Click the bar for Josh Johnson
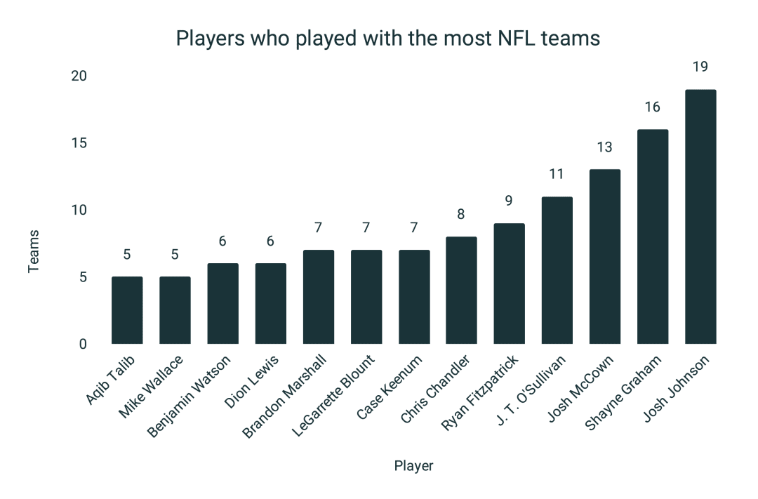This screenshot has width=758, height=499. pos(700,217)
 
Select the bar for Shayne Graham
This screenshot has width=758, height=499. pos(652,237)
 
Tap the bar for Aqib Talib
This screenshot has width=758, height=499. pos(127,310)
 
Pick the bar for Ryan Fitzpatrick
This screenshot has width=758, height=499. pos(509,284)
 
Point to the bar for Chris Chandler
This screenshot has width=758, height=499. pos(461,291)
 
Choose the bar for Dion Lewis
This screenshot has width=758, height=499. pos(270,304)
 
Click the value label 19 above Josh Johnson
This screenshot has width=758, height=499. pos(700,67)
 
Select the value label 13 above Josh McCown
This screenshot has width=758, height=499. pos(604,147)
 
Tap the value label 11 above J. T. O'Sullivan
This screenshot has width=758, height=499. pos(557,175)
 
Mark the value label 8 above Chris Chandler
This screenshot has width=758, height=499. pos(461,215)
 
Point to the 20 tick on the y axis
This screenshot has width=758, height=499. pos(79,76)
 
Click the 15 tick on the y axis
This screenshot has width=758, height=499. pos(79,143)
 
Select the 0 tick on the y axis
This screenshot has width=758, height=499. pos(83,344)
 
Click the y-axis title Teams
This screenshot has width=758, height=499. pos(34,251)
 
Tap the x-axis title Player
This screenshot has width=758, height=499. pos(413,466)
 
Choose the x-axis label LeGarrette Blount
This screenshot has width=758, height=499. pos(334,397)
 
